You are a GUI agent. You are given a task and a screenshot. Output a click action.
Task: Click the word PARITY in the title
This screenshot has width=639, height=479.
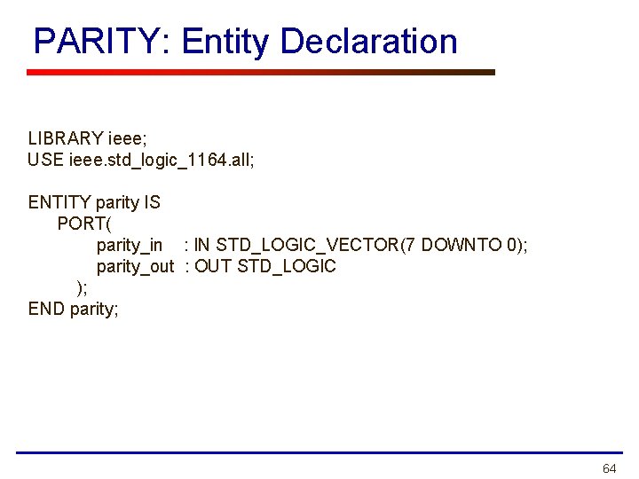click(x=92, y=42)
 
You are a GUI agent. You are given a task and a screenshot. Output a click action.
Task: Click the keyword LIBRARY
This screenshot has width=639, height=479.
click(x=65, y=138)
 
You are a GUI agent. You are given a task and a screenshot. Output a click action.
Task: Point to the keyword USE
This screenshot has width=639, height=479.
click(x=45, y=160)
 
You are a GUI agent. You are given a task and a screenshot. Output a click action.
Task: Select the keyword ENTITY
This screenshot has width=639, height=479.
click(x=59, y=202)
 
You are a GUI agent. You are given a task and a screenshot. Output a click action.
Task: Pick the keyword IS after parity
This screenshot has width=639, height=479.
click(x=152, y=202)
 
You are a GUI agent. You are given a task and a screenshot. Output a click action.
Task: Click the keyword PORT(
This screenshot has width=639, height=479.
click(x=82, y=224)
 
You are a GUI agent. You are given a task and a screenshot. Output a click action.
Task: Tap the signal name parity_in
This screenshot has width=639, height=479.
click(x=129, y=245)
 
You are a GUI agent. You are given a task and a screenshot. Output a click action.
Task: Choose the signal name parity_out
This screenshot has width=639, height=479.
click(x=135, y=266)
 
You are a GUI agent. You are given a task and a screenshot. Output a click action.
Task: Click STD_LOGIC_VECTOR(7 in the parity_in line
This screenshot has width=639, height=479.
click(x=314, y=245)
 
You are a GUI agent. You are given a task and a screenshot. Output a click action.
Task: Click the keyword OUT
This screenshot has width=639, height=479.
click(x=213, y=266)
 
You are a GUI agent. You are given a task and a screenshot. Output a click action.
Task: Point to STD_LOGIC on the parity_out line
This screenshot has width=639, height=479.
click(x=287, y=266)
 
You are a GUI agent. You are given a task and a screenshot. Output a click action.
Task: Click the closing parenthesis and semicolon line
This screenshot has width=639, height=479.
click(x=82, y=287)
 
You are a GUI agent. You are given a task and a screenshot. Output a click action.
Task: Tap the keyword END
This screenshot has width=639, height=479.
click(x=47, y=309)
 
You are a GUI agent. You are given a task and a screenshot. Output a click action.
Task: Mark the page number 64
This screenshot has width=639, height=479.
click(x=609, y=468)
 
